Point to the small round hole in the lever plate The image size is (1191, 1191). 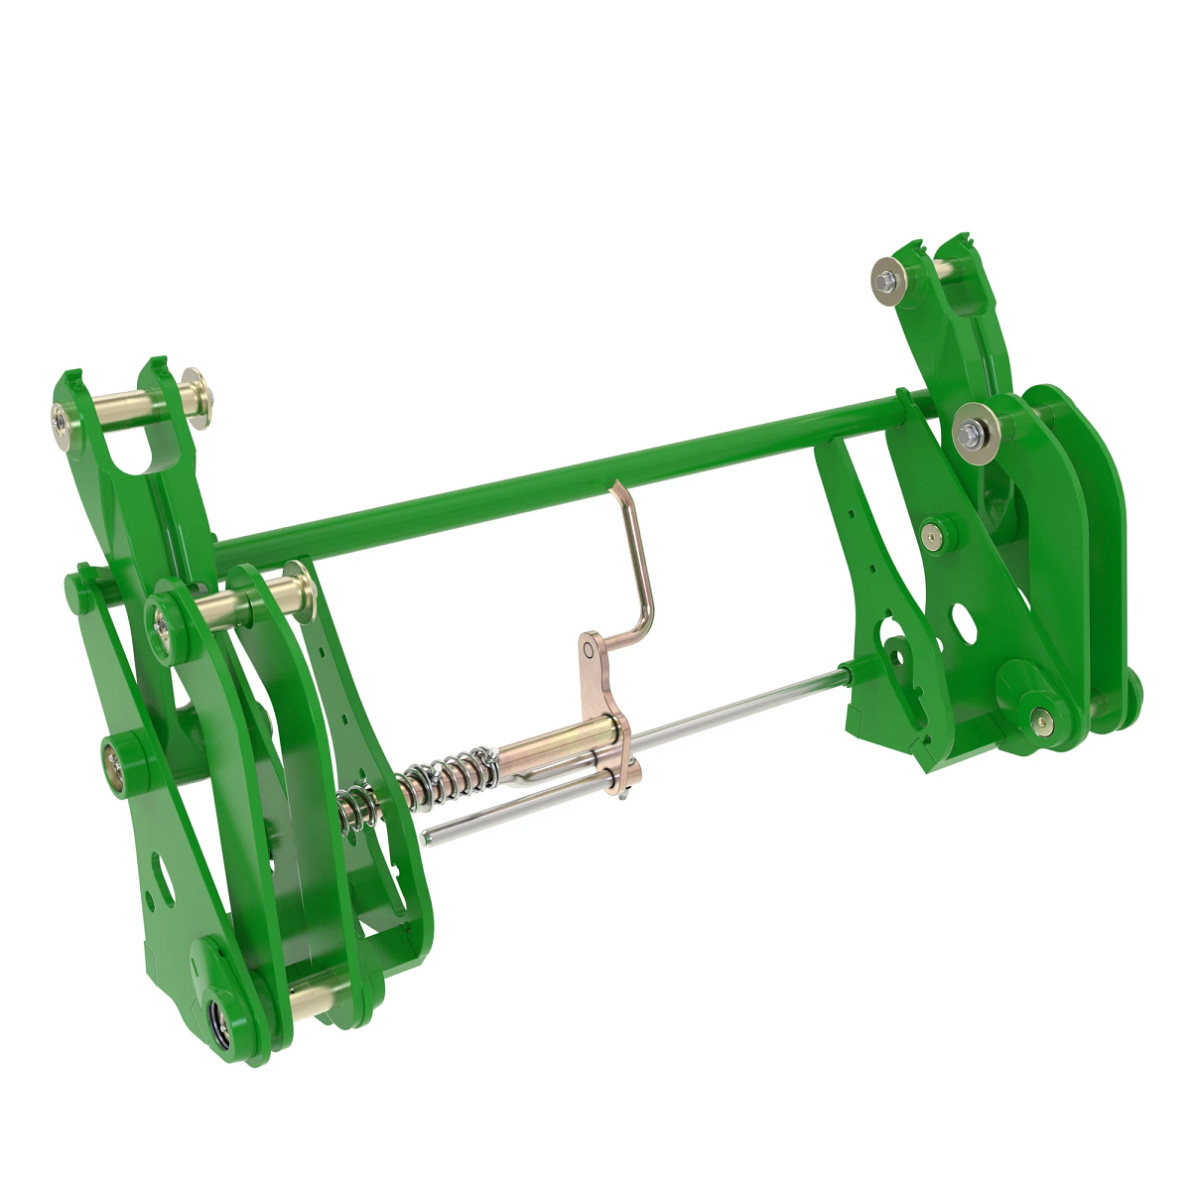pos(589,649)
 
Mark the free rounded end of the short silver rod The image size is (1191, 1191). pos(428,836)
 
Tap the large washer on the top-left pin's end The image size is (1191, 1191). pos(195,396)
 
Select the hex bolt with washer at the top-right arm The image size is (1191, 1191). pos(887,274)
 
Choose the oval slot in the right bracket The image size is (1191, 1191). pos(962,620)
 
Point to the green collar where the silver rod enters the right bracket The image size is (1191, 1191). pos(851,674)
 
